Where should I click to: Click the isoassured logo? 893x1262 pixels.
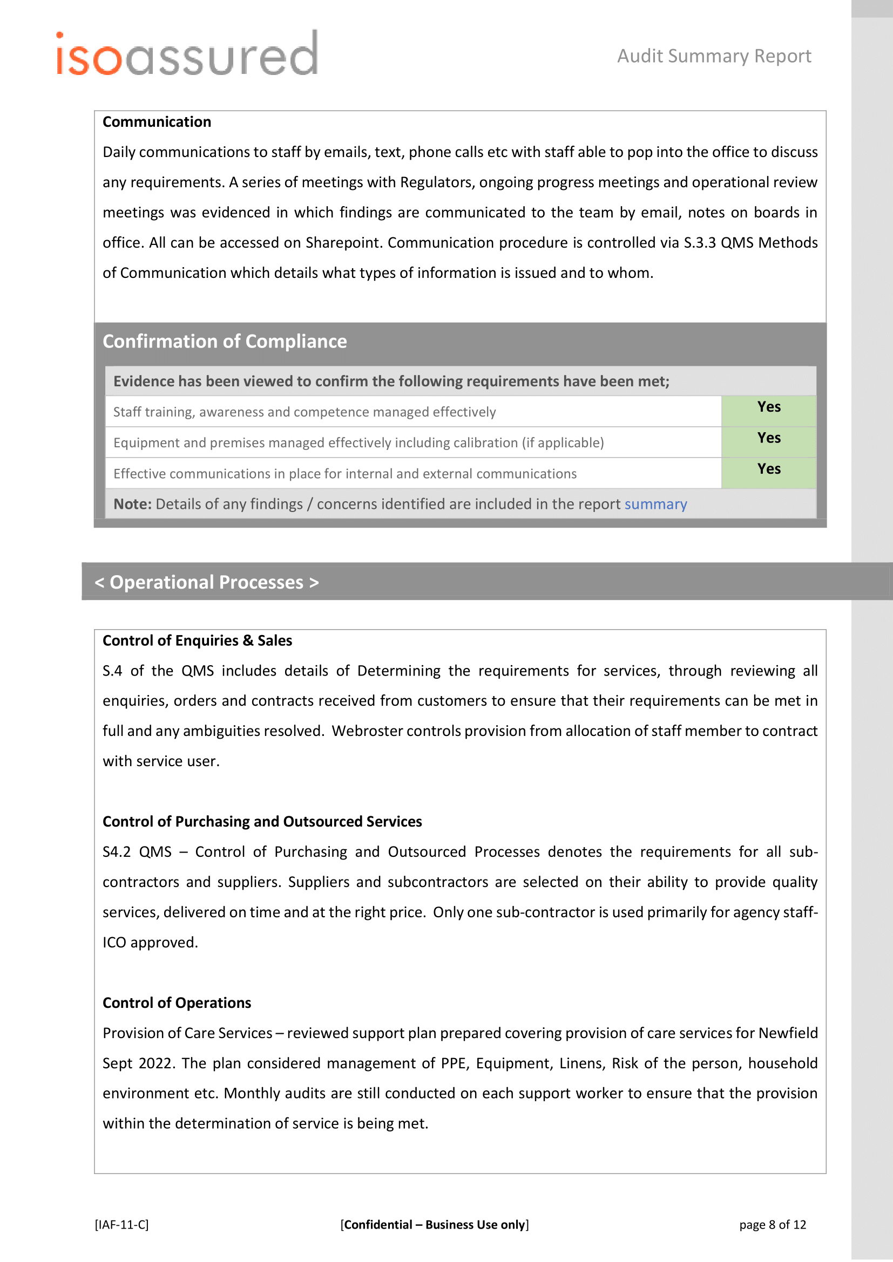(187, 54)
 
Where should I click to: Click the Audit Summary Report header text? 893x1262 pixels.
(714, 56)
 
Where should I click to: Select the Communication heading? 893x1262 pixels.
(157, 122)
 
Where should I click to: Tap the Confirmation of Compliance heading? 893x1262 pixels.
(225, 342)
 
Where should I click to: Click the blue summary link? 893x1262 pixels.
(655, 504)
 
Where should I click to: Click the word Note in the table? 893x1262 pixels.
(132, 504)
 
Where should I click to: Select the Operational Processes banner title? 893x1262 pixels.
(206, 582)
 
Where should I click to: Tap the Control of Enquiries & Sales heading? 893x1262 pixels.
(197, 641)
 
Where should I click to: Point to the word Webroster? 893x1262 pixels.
(367, 731)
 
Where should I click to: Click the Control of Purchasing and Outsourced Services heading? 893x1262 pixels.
(262, 822)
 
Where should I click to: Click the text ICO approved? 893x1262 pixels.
(150, 943)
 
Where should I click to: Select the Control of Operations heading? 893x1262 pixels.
(177, 1003)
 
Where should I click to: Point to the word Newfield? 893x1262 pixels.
(787, 1033)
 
